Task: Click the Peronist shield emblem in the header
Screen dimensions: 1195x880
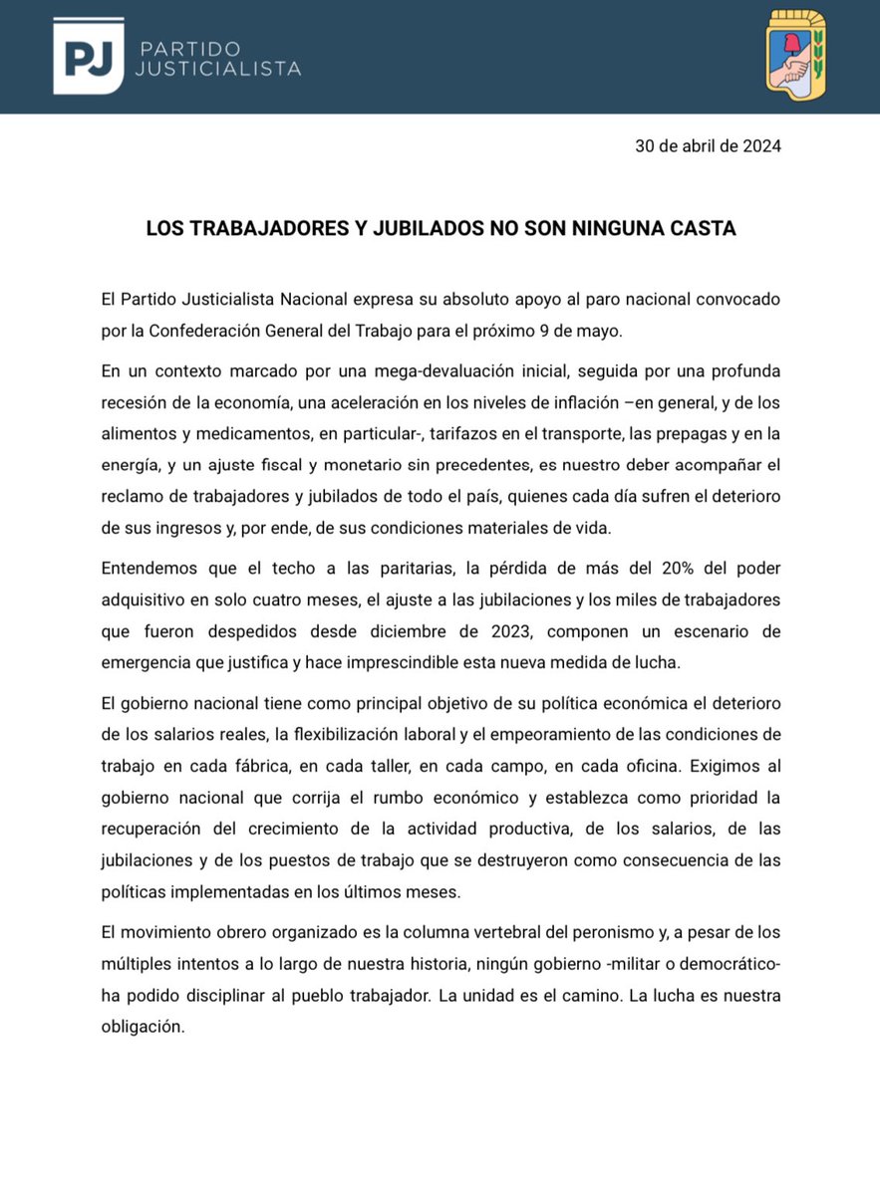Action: pyautogui.click(x=795, y=56)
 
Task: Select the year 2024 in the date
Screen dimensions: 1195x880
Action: pyautogui.click(x=760, y=146)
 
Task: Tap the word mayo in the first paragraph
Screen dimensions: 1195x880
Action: pyautogui.click(x=654, y=331)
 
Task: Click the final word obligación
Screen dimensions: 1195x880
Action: pyautogui.click(x=144, y=1028)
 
